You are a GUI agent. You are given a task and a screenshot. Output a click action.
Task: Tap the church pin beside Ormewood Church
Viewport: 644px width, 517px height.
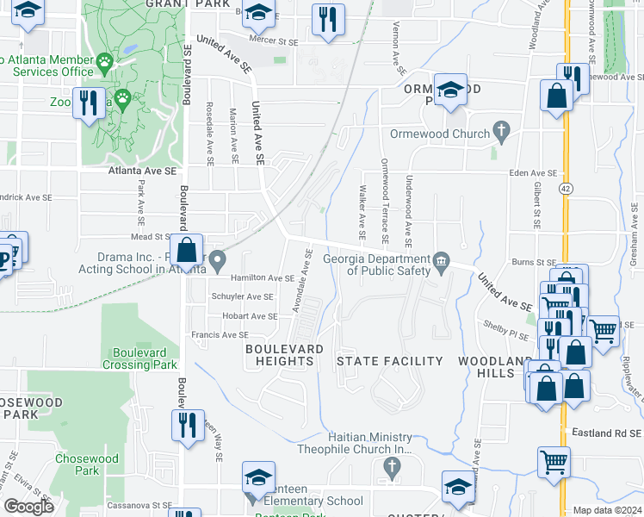(x=501, y=133)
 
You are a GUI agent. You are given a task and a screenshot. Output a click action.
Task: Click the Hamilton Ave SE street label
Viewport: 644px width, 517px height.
(x=263, y=278)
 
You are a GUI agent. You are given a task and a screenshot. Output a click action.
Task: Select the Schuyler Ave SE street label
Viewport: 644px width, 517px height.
(x=242, y=296)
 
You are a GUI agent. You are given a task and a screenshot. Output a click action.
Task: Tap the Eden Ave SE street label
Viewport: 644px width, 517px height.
(x=533, y=173)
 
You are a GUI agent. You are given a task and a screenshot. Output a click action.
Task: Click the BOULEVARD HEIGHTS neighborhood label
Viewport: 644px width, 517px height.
(x=285, y=354)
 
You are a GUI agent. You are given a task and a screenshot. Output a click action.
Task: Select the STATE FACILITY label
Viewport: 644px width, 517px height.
(x=389, y=361)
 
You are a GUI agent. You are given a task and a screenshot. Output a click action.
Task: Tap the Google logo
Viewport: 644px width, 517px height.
(x=28, y=506)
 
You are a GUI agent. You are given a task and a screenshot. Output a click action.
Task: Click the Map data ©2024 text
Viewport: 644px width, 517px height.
(x=607, y=510)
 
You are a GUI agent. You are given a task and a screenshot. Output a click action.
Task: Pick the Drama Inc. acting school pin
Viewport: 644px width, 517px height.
(x=218, y=259)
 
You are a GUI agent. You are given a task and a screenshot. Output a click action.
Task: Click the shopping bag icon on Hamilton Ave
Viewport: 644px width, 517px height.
(x=186, y=252)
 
